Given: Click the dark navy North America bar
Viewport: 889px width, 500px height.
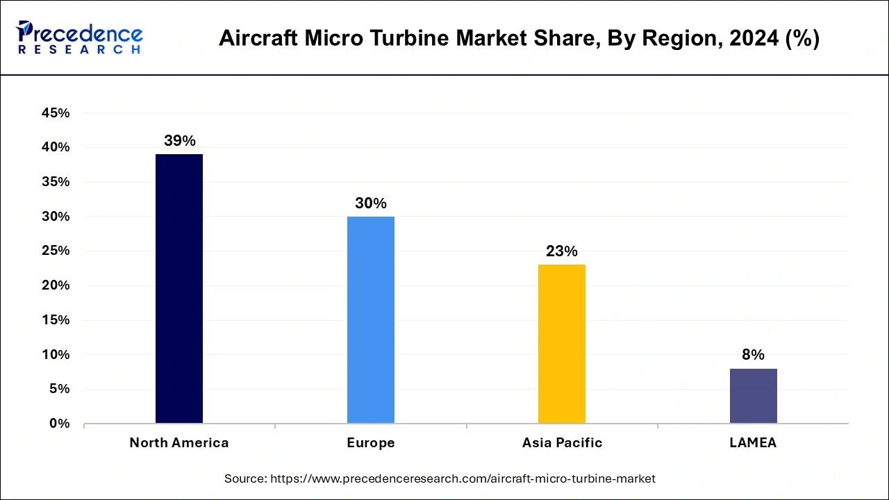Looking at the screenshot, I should [x=179, y=288].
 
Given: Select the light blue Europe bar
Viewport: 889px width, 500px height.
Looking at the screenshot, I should [x=371, y=319].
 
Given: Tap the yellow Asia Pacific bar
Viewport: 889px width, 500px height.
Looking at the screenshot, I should [x=562, y=344].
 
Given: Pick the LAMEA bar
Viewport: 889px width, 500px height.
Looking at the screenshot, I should [x=753, y=395].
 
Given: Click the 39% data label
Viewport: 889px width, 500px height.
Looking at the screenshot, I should [x=179, y=140].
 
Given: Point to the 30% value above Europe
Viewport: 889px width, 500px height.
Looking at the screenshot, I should [x=371, y=203].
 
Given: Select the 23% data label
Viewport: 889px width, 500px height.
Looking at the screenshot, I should [x=562, y=251].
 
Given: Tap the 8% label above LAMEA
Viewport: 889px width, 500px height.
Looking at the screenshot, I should [x=753, y=355].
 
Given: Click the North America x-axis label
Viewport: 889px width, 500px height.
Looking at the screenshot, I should [x=179, y=443].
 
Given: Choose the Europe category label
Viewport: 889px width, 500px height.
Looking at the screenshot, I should [x=371, y=443].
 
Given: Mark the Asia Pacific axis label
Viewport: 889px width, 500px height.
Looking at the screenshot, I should [x=562, y=443].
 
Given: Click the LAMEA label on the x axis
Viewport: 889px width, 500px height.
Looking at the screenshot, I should [x=753, y=443].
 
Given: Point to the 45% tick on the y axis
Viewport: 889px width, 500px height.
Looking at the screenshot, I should [x=56, y=113].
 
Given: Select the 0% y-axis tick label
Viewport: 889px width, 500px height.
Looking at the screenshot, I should [x=60, y=424].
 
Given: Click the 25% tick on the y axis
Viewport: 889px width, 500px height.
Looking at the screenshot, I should [x=56, y=251].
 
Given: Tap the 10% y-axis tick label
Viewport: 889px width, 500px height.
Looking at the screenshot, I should [x=56, y=354].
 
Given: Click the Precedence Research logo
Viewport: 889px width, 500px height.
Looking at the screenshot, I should [x=79, y=37].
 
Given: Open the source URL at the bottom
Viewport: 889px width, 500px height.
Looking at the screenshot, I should [x=440, y=478].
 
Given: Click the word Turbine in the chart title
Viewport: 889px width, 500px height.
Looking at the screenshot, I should [x=420, y=39].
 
